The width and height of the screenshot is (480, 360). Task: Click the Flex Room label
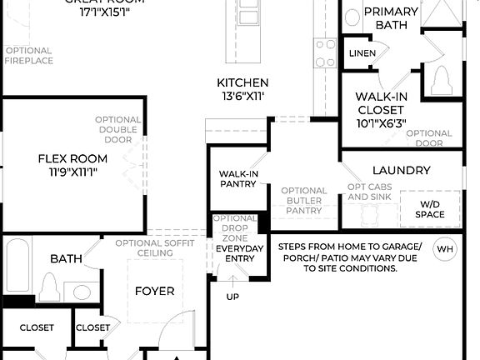pos(73,158)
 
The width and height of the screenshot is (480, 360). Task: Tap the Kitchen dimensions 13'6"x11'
pos(242,97)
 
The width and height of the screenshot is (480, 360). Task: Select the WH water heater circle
pos(446,248)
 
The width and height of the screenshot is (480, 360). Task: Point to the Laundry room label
pos(401,170)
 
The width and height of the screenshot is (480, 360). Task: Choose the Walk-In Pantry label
pos(238,178)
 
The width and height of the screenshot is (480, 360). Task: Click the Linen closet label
pos(362,53)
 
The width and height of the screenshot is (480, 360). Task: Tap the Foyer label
pos(155,291)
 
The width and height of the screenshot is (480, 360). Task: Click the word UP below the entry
pos(232,297)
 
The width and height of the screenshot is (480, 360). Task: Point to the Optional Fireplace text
pos(29,55)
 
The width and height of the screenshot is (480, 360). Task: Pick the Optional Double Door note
pos(117,129)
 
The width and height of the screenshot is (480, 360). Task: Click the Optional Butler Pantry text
pos(303,201)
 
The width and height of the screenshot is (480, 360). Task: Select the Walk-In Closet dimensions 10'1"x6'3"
pos(381,123)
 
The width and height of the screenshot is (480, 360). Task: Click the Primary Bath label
pos(390,17)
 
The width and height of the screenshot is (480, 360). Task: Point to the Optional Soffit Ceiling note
pos(155,247)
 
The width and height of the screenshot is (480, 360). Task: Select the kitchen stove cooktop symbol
pos(324,54)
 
